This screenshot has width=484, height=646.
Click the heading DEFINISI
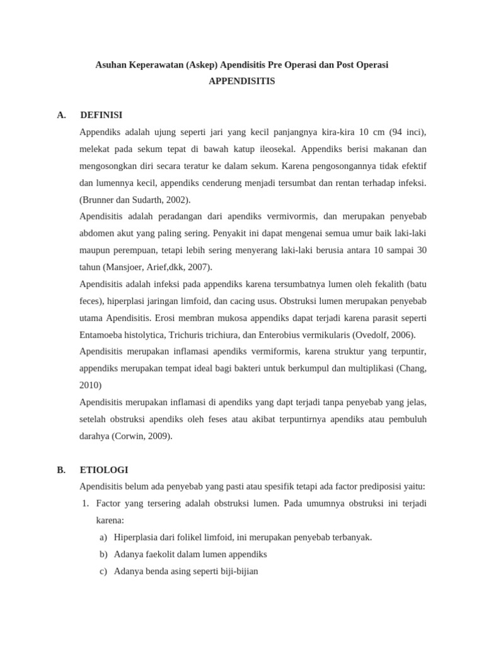(101, 115)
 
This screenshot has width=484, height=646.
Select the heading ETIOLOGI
(104, 470)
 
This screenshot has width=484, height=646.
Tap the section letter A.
(61, 115)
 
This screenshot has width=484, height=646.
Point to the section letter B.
(61, 470)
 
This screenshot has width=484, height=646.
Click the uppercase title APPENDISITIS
(242, 81)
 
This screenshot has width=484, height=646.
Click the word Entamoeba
(101, 335)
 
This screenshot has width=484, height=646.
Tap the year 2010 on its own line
(91, 385)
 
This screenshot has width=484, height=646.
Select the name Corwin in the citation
(128, 436)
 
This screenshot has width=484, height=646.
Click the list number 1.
(86, 503)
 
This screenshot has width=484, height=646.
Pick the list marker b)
(103, 555)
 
